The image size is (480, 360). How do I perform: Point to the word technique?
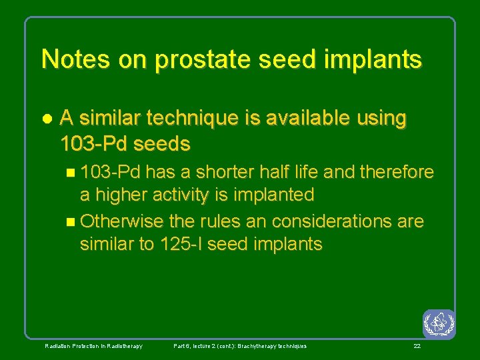189,119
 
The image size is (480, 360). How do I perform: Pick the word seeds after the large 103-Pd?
161,143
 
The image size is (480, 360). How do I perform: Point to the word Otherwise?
119,221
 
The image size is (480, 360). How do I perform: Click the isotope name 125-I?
181,245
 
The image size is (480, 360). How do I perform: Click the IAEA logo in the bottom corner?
439,324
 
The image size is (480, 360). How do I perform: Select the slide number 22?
417,346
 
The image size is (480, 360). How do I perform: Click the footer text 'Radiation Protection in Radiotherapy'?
93,346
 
